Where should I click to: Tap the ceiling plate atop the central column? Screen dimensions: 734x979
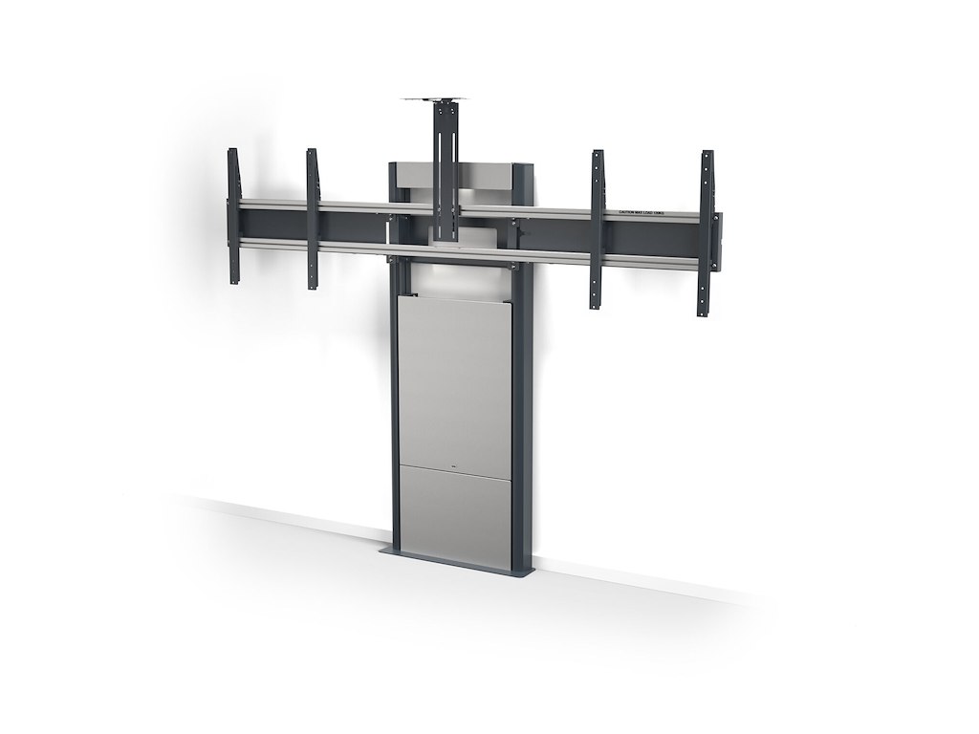pyautogui.click(x=443, y=99)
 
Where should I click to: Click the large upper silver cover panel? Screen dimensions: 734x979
pyautogui.click(x=453, y=382)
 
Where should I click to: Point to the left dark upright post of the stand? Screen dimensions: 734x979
pyautogui.click(x=393, y=411)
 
